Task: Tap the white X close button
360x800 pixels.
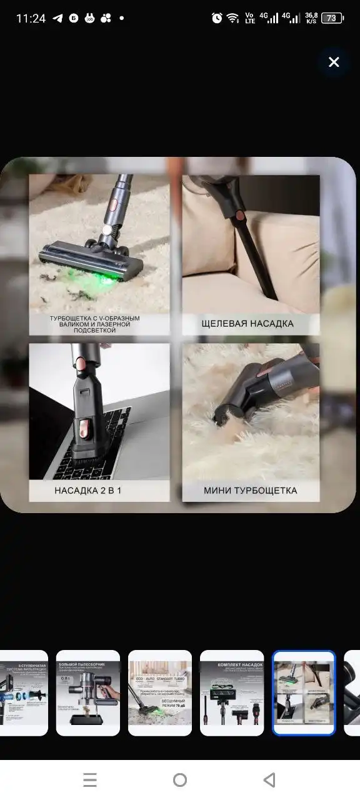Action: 334,62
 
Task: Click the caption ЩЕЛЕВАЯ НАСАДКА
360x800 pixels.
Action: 247,324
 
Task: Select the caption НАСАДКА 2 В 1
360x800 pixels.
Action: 88,490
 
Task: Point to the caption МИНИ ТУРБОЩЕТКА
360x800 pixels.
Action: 250,490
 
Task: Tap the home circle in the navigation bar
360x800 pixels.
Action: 180,779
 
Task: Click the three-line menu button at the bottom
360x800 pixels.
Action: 90,779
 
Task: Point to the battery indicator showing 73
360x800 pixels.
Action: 332,18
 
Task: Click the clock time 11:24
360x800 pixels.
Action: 31,18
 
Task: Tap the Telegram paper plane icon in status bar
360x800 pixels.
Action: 57,18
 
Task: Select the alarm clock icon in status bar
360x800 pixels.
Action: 217,18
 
